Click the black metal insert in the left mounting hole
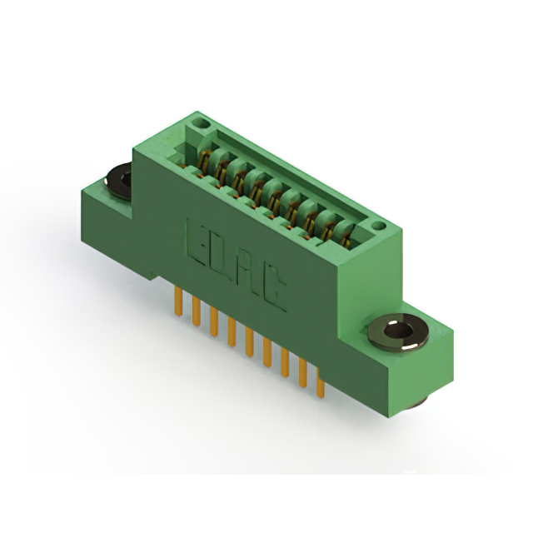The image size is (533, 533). (x=119, y=181)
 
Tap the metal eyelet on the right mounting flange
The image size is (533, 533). (x=398, y=332)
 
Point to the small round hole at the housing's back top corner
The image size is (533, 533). (x=202, y=123)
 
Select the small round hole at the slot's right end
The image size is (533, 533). (x=378, y=225)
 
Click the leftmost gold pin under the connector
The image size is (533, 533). (x=178, y=301)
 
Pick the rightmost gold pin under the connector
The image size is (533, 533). (x=321, y=383)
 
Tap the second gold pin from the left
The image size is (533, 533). (x=197, y=311)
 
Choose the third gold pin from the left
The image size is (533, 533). (x=214, y=321)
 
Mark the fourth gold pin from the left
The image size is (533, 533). (x=232, y=331)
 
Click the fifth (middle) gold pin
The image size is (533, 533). (x=250, y=341)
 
